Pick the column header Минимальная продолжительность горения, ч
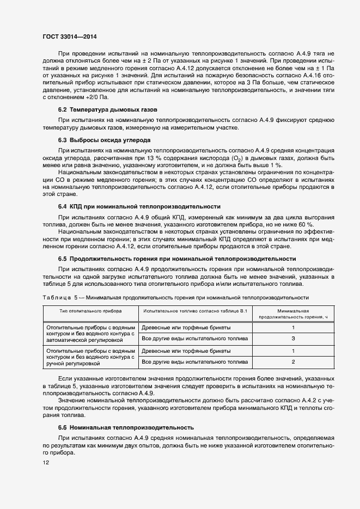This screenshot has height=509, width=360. click(x=293, y=313)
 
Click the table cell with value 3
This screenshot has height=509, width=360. click(x=293, y=339)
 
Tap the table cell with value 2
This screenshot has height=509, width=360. click(x=293, y=361)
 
